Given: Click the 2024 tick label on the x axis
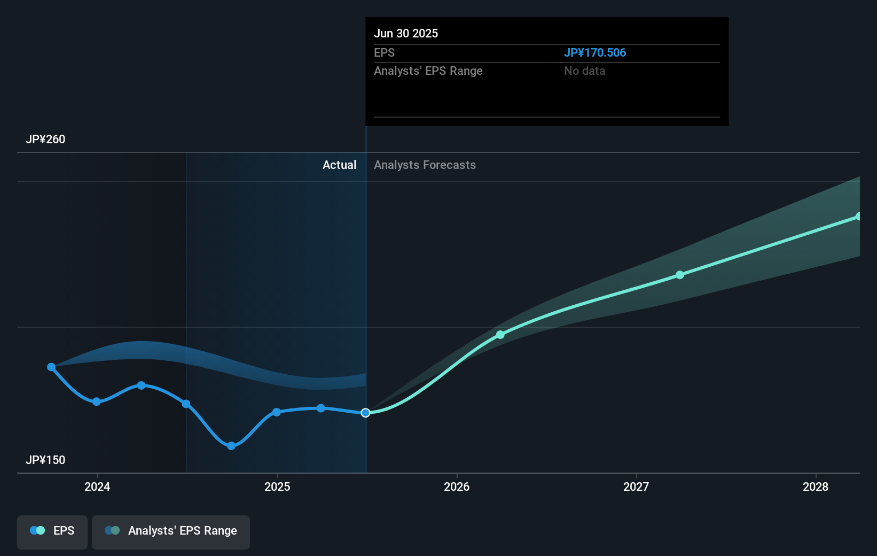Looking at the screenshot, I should point(97,486).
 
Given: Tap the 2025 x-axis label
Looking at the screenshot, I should point(277,486).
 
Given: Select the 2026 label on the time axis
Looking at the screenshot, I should point(457,486).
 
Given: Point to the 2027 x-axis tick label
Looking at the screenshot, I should point(636,486).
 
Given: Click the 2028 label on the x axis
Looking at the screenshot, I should point(816,486).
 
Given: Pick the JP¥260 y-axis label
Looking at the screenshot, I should point(45,140).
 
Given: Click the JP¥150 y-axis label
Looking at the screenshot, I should point(45,460).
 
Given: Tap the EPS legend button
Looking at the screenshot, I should point(52,531).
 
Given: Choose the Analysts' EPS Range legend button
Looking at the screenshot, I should point(171,531).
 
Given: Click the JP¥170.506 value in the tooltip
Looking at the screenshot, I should point(595,53).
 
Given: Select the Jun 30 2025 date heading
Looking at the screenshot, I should point(406,34).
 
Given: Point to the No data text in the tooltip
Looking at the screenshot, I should point(585,71).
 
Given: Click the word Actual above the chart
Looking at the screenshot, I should point(339,165).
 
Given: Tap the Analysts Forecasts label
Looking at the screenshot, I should point(425,165).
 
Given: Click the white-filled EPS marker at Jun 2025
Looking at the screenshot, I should point(365,413).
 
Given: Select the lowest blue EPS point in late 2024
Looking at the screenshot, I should point(231,446).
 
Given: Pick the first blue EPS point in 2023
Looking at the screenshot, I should point(51,367).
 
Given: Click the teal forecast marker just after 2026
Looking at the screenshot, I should point(500,335).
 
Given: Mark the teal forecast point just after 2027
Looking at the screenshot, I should point(680,275).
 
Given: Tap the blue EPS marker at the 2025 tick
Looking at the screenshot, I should point(277,412).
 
